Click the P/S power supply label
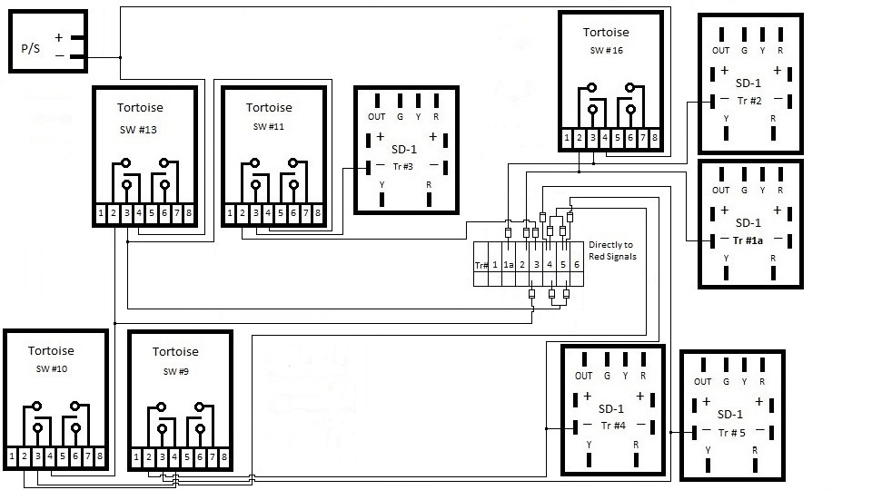(x=31, y=48)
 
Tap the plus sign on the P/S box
(x=59, y=38)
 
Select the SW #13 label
(x=138, y=130)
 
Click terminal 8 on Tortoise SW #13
(x=189, y=212)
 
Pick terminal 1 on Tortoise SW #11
(x=230, y=212)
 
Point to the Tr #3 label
(x=402, y=167)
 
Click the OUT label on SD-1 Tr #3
(x=376, y=117)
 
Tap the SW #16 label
(x=606, y=51)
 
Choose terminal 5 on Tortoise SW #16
(x=618, y=137)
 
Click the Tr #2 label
(x=749, y=101)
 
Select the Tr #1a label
(x=748, y=240)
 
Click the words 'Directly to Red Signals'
(x=612, y=250)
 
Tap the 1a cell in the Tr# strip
(x=509, y=265)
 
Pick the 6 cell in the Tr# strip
(x=577, y=265)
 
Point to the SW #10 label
(x=52, y=369)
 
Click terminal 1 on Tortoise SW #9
(x=136, y=457)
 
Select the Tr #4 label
(x=613, y=426)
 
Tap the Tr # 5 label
(x=731, y=433)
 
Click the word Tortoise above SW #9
(x=175, y=352)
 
